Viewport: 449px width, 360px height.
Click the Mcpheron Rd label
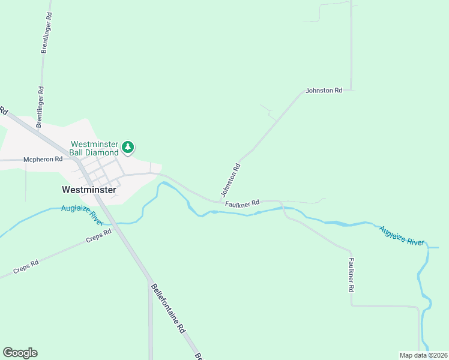pos(43,160)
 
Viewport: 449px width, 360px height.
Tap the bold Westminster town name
pos(89,189)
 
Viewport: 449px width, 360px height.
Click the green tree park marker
pos(127,147)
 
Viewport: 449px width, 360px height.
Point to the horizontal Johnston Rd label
pos(324,91)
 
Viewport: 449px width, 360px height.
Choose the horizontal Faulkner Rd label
pos(242,204)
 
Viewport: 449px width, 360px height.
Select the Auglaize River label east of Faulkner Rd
pos(400,236)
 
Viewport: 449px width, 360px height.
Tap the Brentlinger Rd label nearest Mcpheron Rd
pos(40,107)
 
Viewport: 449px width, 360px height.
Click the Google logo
pos(20,353)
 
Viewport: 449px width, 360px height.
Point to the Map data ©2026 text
pos(423,355)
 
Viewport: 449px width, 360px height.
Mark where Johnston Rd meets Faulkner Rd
pos(220,202)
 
